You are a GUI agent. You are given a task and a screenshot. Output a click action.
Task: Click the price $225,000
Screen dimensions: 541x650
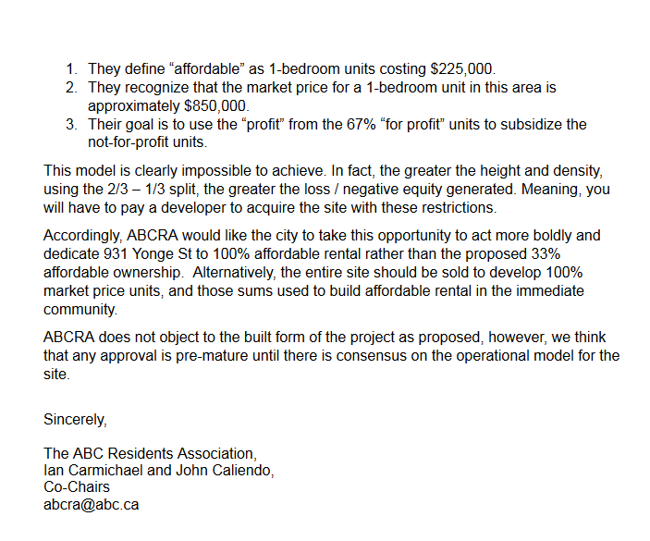coord(462,69)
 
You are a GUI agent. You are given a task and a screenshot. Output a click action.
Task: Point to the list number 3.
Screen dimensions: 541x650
coord(71,125)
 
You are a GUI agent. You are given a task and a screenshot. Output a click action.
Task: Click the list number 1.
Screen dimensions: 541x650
coord(71,69)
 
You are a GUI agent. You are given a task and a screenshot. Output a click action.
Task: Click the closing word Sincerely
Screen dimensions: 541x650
coord(75,419)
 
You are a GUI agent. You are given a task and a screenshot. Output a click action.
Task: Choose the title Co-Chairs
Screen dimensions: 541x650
coord(77,486)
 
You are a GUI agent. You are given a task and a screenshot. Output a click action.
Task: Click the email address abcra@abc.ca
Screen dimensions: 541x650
coord(92,505)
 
